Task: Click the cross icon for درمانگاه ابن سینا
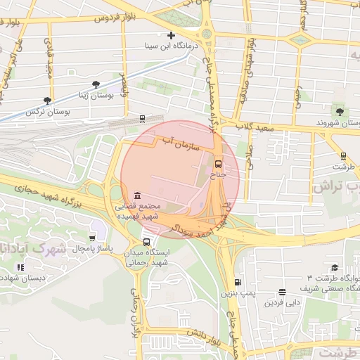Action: coord(171,35)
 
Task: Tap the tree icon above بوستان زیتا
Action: coord(96,84)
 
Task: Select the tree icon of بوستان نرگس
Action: coord(47,101)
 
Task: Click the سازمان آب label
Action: coord(181,143)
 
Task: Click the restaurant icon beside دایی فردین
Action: coord(282,292)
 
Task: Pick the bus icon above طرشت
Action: coord(343,156)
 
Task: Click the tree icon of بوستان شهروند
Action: coord(340,111)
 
